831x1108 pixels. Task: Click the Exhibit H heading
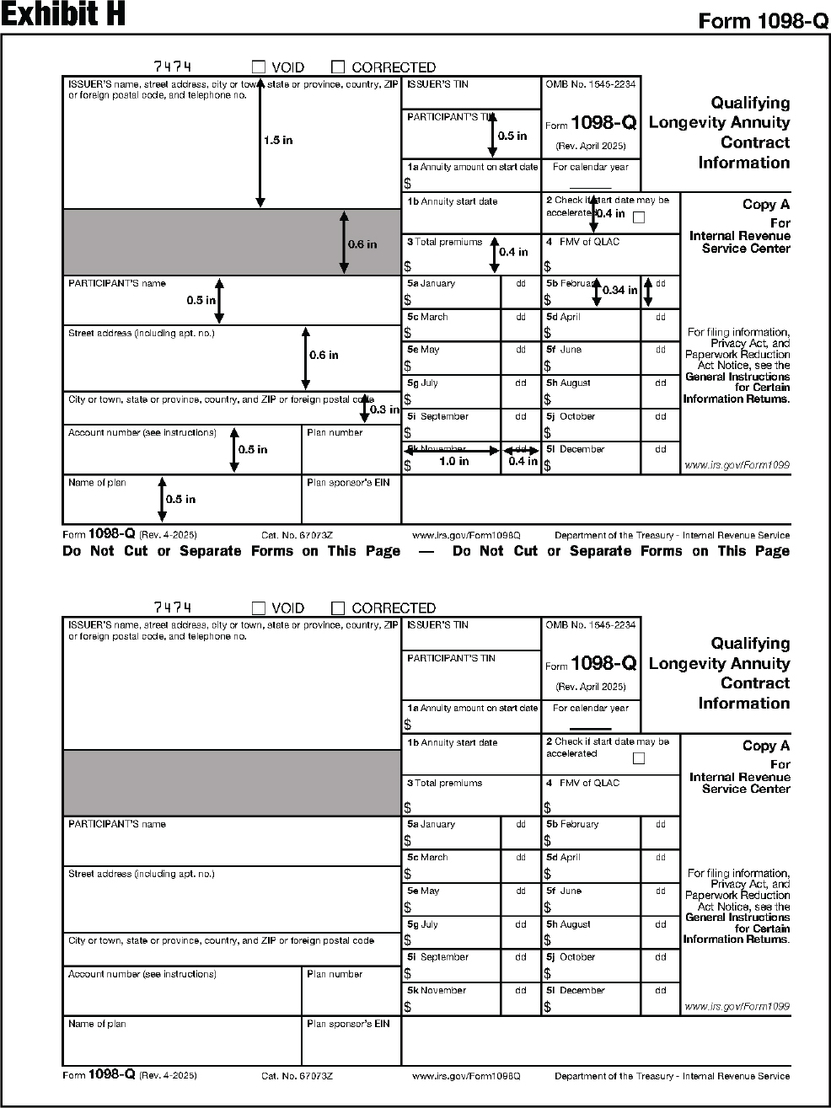coord(63,15)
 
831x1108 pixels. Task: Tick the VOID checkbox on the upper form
coord(259,67)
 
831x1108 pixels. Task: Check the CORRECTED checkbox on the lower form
coord(338,608)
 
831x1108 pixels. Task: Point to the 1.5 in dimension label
coord(278,141)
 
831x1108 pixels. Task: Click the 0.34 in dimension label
coord(619,290)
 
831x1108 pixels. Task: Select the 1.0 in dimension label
coord(453,461)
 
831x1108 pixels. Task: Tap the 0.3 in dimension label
coord(384,409)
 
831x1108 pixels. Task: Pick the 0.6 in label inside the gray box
coord(362,244)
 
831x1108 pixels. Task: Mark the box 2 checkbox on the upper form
coord(638,217)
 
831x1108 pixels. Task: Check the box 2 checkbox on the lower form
coord(638,758)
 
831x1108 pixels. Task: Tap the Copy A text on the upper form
coord(765,205)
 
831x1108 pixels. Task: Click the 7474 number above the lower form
coord(173,608)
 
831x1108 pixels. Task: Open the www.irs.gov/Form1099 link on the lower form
coord(737,1006)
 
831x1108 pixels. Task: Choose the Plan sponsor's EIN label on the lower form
coord(348,1024)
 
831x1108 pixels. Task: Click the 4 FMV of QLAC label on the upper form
coord(582,242)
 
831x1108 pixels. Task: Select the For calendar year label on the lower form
coord(590,708)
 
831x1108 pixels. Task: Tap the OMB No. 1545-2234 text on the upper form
coord(590,84)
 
